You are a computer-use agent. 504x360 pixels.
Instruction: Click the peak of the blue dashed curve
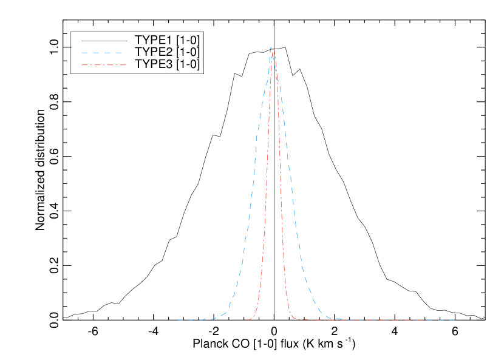click(271, 47)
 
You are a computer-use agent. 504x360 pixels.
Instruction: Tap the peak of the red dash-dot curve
click(273, 49)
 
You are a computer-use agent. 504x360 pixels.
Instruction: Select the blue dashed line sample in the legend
click(103, 53)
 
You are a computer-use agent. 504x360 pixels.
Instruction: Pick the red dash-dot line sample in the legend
click(103, 64)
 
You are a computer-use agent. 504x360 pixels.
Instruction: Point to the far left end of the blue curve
click(177, 319)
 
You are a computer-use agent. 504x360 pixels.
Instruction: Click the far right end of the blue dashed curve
click(455, 320)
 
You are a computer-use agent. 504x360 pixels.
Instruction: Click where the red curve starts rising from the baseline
click(250, 318)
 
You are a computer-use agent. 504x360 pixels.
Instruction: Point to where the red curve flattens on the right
click(295, 318)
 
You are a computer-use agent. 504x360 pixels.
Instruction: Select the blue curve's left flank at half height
click(253, 183)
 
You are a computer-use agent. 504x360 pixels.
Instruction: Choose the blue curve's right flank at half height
click(291, 183)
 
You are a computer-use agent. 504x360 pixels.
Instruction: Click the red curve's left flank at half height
click(266, 183)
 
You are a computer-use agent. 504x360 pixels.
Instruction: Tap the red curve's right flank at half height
click(281, 183)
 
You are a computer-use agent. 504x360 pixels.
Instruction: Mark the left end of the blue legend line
click(81, 53)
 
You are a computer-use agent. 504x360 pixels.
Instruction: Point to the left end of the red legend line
click(81, 64)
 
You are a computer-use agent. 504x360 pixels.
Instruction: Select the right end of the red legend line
click(126, 64)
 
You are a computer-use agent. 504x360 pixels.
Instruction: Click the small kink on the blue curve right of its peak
click(278, 79)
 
